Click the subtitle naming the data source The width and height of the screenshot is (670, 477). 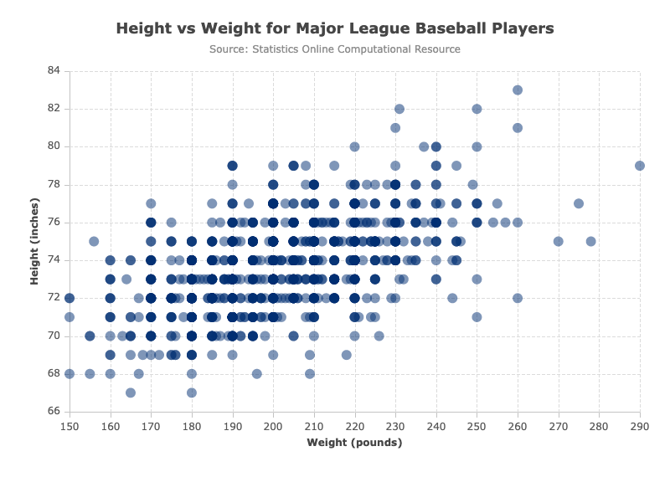coord(335,49)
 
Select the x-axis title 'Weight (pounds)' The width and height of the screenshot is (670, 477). coord(354,443)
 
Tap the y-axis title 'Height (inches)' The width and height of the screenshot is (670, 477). coord(34,241)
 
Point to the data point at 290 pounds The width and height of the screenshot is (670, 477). coord(640,166)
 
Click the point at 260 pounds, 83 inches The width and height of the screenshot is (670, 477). coord(518,90)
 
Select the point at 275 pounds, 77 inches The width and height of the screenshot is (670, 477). coord(579,203)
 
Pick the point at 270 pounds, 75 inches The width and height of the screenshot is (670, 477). coord(558,241)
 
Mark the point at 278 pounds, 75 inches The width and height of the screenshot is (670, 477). coord(591,241)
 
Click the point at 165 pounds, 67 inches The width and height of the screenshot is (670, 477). coord(131,392)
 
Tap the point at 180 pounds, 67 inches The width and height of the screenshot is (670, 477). coord(192,392)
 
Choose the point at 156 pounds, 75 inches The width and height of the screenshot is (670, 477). coord(94,241)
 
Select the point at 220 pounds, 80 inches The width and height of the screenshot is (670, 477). coord(354,147)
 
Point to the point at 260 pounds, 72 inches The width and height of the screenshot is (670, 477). coord(518,298)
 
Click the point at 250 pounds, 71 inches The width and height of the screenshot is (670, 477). coord(477,317)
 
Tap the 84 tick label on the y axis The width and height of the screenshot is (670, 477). coord(54,70)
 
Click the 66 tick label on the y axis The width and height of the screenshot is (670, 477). coord(54,411)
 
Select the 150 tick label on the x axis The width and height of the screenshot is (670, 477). coord(70,426)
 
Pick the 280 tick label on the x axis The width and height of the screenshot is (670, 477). coord(599,426)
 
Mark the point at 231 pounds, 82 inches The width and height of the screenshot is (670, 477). coord(399,109)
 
